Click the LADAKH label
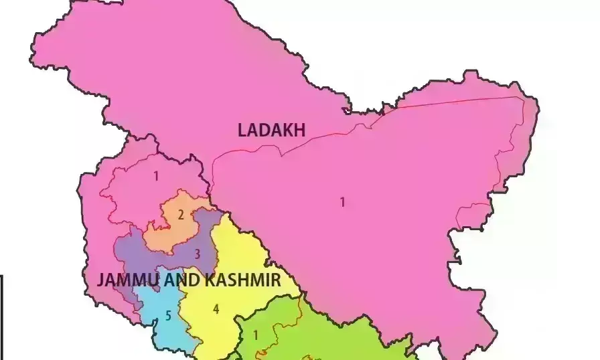click(271, 130)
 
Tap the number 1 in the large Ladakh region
click(343, 202)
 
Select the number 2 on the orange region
click(181, 215)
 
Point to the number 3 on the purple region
click(197, 254)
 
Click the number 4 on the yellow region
click(216, 309)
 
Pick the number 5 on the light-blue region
click(169, 315)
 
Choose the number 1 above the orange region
click(156, 177)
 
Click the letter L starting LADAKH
click(242, 130)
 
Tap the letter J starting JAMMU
click(101, 280)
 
